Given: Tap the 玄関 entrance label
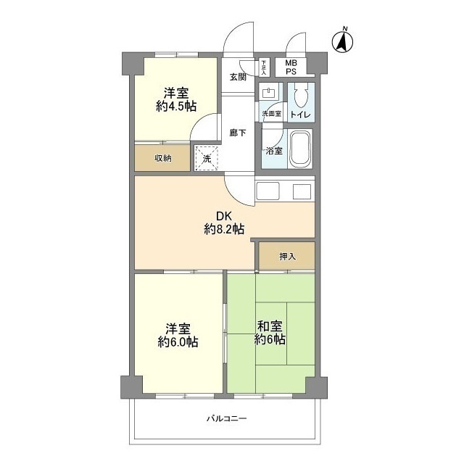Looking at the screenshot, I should (238, 77).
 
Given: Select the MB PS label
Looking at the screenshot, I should (290, 67).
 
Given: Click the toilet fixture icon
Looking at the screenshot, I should (302, 95).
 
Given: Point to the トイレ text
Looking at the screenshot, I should (300, 115).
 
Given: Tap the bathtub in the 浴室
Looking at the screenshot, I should (300, 150).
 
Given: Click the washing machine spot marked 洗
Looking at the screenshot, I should (206, 157).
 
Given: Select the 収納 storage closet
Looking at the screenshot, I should (162, 158).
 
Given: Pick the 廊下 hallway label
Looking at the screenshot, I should (237, 132).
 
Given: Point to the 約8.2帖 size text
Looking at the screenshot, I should (224, 229).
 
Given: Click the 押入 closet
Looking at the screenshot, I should (287, 256).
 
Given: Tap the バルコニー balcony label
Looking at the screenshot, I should (225, 419).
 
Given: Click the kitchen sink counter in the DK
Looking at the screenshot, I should (285, 191).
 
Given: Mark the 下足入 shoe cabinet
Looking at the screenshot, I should (264, 67).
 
